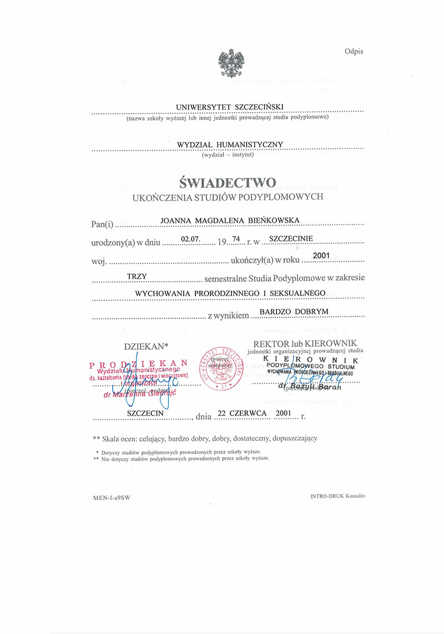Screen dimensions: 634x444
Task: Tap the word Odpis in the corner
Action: pos(354,51)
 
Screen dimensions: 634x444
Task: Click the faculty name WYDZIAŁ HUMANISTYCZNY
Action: pos(230,144)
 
